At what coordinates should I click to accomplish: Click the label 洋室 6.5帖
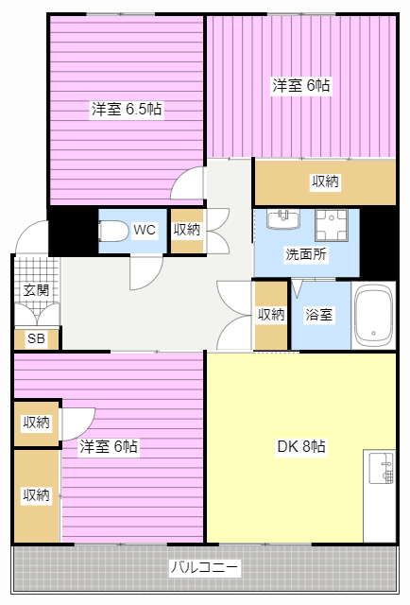click(x=127, y=109)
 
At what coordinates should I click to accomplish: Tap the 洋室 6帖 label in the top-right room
click(x=301, y=85)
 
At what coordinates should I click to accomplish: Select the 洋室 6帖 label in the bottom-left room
click(x=109, y=446)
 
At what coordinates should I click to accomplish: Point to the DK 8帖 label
click(x=299, y=446)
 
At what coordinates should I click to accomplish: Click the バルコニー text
click(x=205, y=568)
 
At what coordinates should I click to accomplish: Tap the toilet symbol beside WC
click(x=113, y=230)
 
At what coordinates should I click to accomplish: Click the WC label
click(x=145, y=230)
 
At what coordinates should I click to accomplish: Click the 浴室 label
click(x=318, y=315)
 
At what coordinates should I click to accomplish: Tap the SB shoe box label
click(x=36, y=338)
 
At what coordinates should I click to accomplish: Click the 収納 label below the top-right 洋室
click(x=325, y=181)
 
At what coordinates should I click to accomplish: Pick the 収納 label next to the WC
click(x=186, y=230)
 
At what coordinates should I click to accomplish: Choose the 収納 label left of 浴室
click(x=271, y=315)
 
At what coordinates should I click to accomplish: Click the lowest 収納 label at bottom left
click(x=36, y=494)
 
